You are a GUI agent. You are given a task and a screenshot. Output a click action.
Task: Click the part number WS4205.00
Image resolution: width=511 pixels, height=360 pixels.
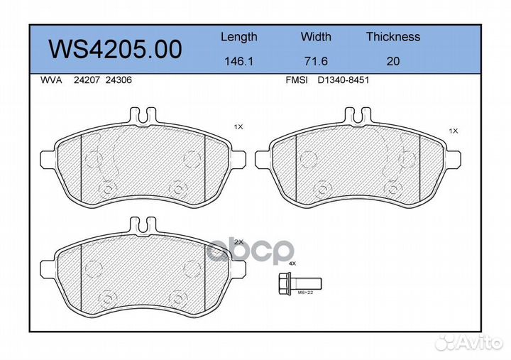coord(115,49)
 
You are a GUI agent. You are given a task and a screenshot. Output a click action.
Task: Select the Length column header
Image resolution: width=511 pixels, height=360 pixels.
coord(239,37)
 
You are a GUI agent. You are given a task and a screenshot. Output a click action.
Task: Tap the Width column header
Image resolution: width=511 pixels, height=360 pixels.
coord(316,36)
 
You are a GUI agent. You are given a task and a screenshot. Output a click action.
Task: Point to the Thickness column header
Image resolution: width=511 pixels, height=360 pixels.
coord(393,36)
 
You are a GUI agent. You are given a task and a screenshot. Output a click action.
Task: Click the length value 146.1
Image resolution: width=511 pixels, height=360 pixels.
coord(239,61)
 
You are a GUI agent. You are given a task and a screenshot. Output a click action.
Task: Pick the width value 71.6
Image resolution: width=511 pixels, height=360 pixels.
coord(316,61)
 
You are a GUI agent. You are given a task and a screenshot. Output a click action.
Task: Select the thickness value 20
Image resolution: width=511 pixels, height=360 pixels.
coord(393,61)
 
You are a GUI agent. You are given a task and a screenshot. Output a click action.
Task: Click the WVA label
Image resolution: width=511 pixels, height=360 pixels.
coord(51,80)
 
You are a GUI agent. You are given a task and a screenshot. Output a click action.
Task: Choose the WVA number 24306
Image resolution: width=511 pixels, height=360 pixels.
coord(119,80)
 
